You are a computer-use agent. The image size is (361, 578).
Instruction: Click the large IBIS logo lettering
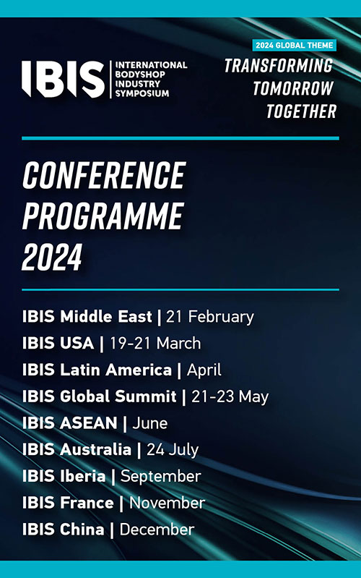tap(63, 79)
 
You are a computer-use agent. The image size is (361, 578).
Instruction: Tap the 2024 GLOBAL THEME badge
tap(295, 46)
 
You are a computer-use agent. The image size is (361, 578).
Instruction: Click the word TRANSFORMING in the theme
tap(279, 66)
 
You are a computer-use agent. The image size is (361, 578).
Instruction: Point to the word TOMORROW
tap(293, 88)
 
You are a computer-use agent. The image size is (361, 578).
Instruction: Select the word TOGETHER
tap(301, 111)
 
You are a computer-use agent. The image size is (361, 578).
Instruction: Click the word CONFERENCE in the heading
tap(104, 176)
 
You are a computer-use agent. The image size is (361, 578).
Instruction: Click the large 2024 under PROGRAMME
tap(52, 257)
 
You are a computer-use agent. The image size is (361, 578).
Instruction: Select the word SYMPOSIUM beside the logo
tap(142, 93)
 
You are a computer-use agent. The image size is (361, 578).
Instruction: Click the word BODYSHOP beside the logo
tap(140, 74)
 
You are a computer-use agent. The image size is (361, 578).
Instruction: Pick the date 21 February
tap(210, 317)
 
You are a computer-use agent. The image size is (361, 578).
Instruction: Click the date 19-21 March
tap(155, 343)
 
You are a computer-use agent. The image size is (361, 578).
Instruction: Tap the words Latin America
tap(116, 370)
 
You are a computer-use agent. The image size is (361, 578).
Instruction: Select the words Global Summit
tap(118, 396)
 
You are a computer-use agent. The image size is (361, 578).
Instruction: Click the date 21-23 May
tap(230, 397)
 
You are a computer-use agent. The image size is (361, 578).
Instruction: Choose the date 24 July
tap(173, 450)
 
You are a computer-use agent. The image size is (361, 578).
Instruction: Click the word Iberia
tap(83, 476)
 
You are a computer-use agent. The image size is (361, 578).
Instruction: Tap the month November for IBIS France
tap(167, 503)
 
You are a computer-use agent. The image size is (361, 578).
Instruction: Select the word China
tap(82, 530)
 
